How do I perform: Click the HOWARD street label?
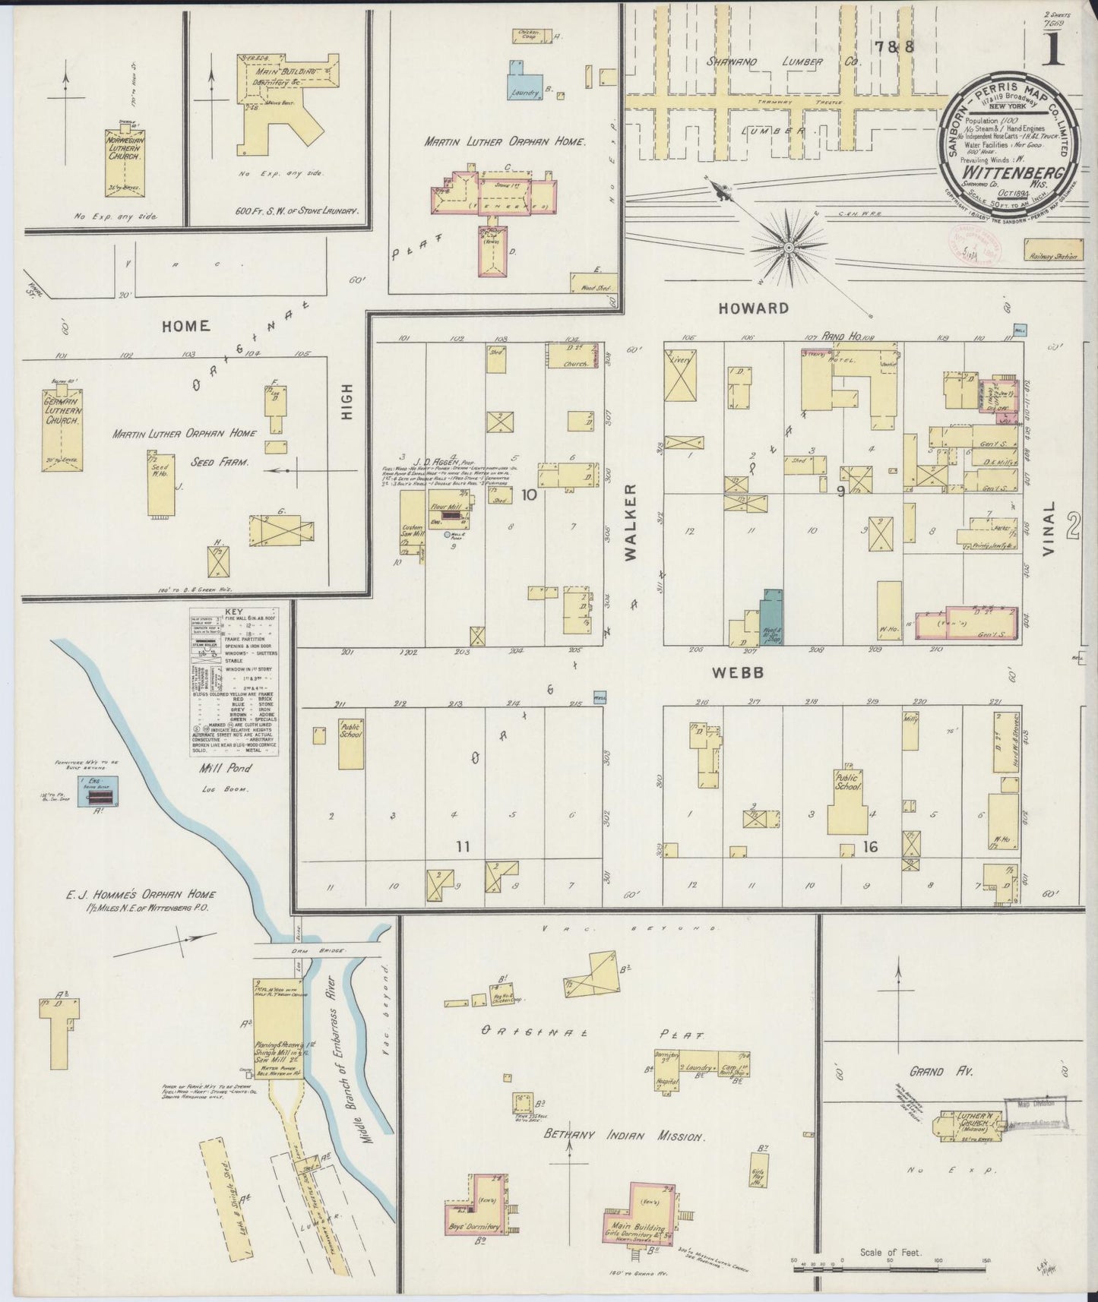pyautogui.click(x=751, y=308)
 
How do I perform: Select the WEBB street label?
pyautogui.click(x=736, y=673)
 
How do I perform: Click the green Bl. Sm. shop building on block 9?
pyautogui.click(x=772, y=615)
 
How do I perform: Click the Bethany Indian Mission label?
pyautogui.click(x=625, y=1137)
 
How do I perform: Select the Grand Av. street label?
pyautogui.click(x=948, y=1071)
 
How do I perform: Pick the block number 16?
pyautogui.click(x=871, y=845)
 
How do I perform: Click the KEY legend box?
pyautogui.click(x=242, y=680)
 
